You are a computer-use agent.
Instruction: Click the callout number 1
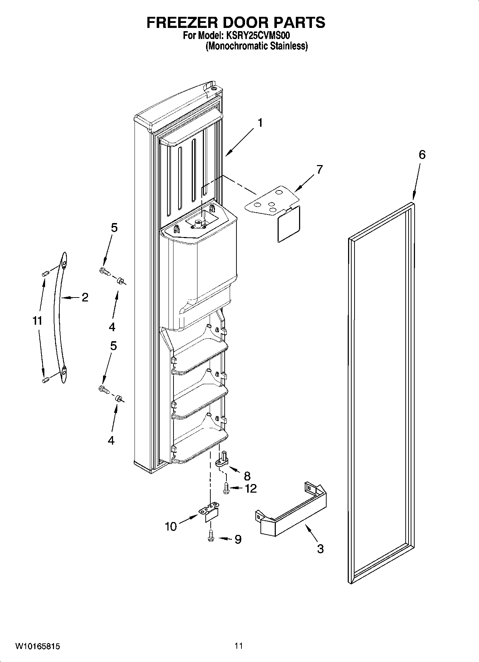pyautogui.click(x=260, y=123)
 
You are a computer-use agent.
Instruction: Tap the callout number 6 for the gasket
pyautogui.click(x=422, y=155)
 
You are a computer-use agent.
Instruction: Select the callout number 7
pyautogui.click(x=319, y=169)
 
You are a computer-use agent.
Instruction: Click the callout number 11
pyautogui.click(x=37, y=321)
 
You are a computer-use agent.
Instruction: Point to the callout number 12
pyautogui.click(x=251, y=488)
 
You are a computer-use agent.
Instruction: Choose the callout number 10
pyautogui.click(x=171, y=527)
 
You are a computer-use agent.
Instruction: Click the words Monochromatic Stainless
pyautogui.click(x=256, y=46)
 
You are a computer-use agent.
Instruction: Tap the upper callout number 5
pyautogui.click(x=114, y=228)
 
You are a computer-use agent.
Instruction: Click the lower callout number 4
pyautogui.click(x=111, y=440)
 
